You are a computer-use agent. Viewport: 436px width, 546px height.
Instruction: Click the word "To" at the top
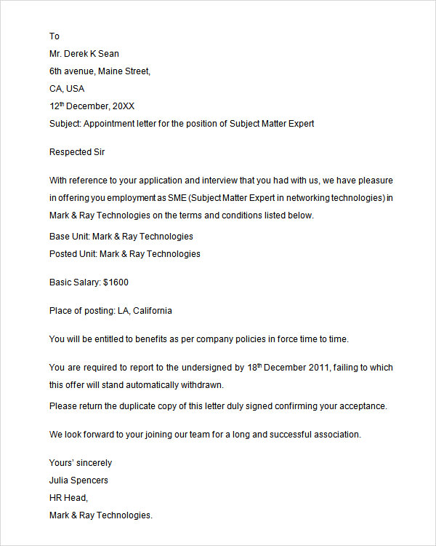coord(54,36)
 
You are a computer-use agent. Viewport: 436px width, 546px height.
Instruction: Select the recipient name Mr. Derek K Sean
coord(84,54)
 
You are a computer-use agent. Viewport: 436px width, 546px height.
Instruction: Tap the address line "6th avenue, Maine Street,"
coord(100,71)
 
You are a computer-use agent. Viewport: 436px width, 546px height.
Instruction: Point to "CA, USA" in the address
coord(67,89)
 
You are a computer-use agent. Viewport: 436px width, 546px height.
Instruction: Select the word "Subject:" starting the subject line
coord(65,124)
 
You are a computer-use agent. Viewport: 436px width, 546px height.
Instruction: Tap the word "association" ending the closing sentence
coord(336,435)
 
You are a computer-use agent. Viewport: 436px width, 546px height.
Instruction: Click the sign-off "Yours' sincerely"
coord(81,463)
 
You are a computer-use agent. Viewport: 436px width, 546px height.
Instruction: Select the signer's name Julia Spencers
coord(78,480)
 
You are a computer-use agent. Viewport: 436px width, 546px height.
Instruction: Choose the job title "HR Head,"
coord(69,498)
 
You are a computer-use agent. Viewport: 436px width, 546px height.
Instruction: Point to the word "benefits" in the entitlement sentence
coord(129,339)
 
